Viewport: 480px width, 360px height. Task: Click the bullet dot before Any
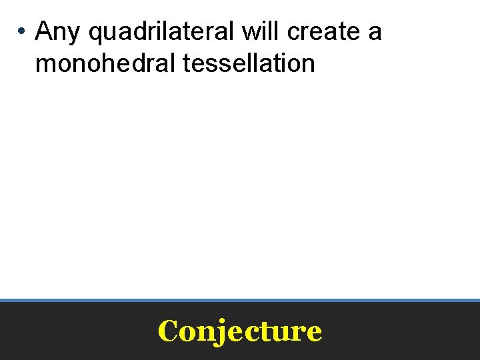click(x=22, y=31)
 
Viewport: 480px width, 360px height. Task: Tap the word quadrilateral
click(x=161, y=31)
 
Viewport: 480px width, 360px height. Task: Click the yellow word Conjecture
click(x=240, y=331)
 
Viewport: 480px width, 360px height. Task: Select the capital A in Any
click(x=44, y=31)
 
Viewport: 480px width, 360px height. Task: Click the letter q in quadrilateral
click(x=95, y=33)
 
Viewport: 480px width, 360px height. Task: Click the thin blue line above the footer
click(x=240, y=300)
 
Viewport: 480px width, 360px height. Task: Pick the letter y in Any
click(x=73, y=33)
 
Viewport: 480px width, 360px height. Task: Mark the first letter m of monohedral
click(x=45, y=65)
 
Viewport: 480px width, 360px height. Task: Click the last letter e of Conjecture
click(x=315, y=333)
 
